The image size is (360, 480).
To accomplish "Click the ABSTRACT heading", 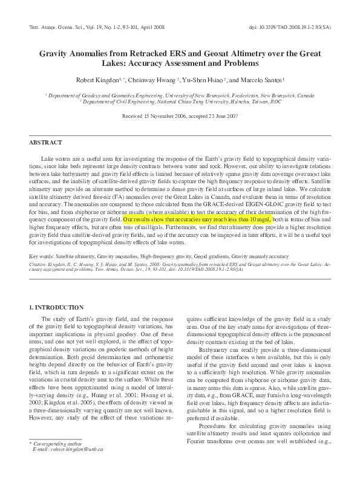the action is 45,142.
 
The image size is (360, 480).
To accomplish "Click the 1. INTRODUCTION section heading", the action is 57,308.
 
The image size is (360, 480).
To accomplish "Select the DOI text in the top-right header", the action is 298,28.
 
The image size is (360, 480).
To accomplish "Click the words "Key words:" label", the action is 41,257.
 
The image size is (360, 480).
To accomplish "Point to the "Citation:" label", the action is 39,264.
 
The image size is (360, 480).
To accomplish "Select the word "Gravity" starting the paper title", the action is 54,53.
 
